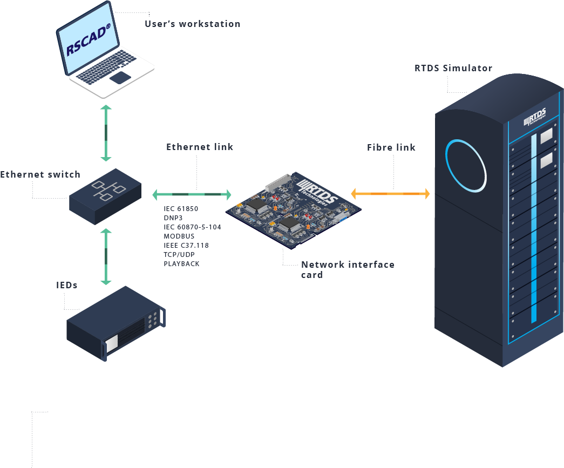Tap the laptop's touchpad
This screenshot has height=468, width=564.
coord(120,78)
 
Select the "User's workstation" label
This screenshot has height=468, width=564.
coord(192,24)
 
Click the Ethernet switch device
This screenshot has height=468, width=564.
coord(105,195)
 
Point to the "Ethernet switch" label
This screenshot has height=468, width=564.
coord(40,174)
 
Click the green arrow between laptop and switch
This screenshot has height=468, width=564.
coord(106,133)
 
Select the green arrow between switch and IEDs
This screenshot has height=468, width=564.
coord(106,256)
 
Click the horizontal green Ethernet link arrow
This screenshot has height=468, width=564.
coord(192,194)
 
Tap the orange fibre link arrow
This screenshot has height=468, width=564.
coord(390,193)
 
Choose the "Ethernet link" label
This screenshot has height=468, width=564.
coord(200,147)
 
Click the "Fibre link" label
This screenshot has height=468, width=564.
coord(391,147)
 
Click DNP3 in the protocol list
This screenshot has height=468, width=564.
coord(173,218)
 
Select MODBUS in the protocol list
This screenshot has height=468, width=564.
coord(179,236)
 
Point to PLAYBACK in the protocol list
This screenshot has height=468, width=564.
coord(181,263)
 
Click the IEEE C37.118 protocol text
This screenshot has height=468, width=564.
coord(186,245)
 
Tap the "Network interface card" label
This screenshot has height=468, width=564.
coord(348,269)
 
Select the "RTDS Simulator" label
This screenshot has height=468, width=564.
coord(453,68)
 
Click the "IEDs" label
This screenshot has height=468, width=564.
coord(67,285)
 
